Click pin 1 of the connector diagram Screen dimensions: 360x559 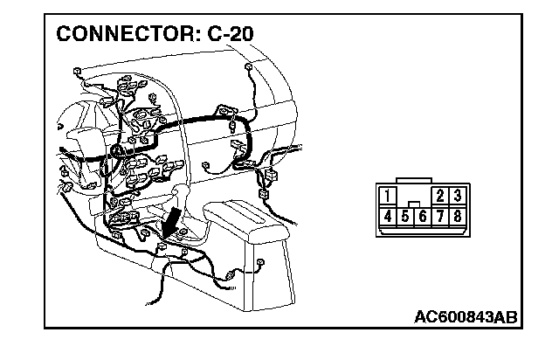click(387, 196)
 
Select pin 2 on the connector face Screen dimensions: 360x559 click(440, 196)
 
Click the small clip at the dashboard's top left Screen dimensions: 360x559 click(79, 71)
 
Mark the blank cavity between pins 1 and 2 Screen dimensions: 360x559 click(414, 196)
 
